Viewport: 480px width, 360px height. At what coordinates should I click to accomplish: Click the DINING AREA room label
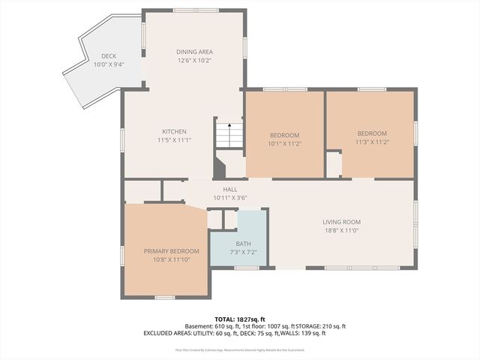point(194,52)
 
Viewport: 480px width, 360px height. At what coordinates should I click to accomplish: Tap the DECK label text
point(109,56)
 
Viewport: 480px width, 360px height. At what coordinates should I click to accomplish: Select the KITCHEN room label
point(174,131)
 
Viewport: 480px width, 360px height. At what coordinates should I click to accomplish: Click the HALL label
point(229,190)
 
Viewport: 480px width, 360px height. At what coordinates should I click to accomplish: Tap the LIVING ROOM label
point(342,222)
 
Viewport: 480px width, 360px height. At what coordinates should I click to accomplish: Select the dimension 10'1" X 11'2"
point(284,142)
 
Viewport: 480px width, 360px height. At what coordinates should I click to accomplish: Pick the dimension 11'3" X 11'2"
point(371,142)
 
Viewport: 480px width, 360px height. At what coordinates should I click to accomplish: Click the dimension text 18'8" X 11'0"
point(342,231)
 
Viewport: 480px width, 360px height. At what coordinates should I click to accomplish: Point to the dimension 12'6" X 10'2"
point(194,61)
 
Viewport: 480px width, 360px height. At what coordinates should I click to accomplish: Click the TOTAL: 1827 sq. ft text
point(240,319)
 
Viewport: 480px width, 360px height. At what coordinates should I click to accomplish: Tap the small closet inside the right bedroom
point(334,165)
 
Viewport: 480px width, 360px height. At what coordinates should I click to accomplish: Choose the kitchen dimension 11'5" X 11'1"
point(174,140)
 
